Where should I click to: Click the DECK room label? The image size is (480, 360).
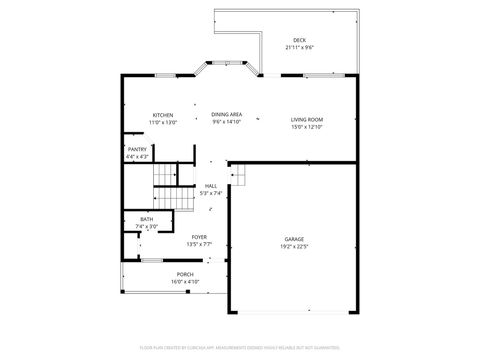click(x=299, y=40)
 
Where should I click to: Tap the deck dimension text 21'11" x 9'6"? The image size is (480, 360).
click(x=299, y=47)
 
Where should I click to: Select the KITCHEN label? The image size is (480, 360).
click(x=163, y=114)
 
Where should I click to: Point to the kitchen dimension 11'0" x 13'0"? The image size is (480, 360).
click(x=163, y=121)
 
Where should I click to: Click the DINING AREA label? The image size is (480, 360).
click(x=227, y=114)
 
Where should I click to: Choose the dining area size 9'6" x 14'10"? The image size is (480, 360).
click(x=227, y=121)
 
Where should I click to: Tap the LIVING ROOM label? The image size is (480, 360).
click(x=307, y=119)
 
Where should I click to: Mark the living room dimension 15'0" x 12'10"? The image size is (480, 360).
click(x=307, y=126)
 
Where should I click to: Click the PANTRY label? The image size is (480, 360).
click(x=137, y=149)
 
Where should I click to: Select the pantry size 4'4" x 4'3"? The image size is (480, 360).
click(x=137, y=156)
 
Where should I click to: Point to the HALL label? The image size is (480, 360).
click(x=211, y=185)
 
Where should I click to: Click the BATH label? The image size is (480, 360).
click(x=146, y=219)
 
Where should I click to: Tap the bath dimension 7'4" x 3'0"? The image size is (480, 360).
click(x=146, y=226)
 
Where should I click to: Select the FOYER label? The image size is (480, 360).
click(x=200, y=237)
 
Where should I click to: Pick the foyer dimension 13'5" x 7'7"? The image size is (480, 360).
click(x=200, y=244)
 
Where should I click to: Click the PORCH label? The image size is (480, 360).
click(x=185, y=274)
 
